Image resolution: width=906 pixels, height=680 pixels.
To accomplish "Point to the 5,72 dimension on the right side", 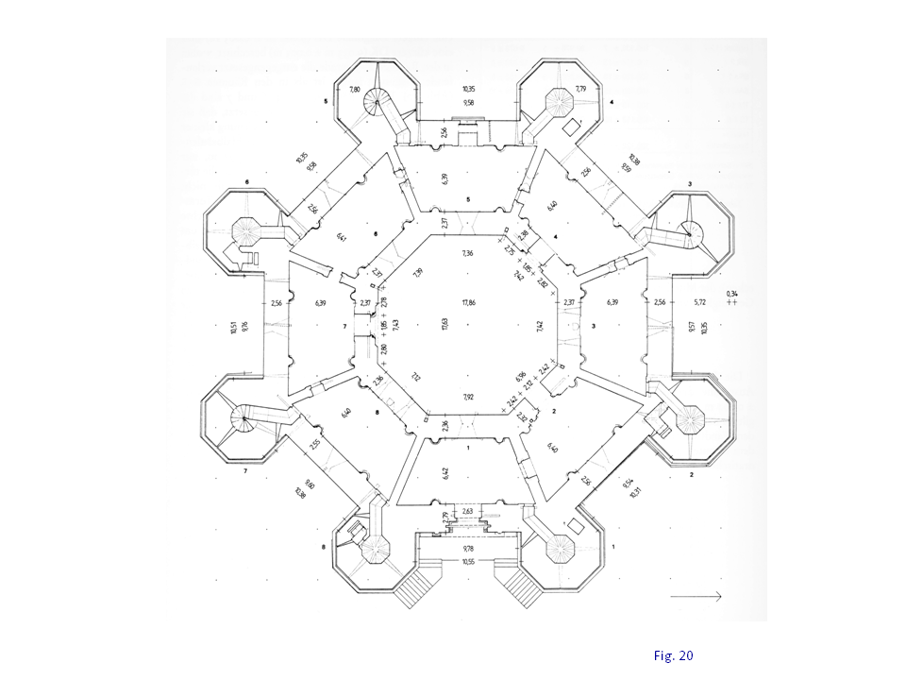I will click(699, 303).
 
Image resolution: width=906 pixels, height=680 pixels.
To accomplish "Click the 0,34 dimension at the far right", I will click(732, 295).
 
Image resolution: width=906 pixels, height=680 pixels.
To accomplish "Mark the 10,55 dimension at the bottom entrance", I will click(468, 562).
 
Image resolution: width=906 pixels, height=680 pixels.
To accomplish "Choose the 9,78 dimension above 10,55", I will click(468, 548).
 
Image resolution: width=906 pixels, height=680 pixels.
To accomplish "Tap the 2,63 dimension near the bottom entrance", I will click(467, 511).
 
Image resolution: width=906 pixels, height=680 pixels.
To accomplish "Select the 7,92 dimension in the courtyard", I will click(468, 398).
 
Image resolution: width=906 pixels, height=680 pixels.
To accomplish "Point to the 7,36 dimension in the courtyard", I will click(467, 254).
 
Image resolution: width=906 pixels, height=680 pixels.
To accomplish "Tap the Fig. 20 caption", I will click(673, 654).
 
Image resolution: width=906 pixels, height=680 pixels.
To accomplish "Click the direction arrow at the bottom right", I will click(696, 596).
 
